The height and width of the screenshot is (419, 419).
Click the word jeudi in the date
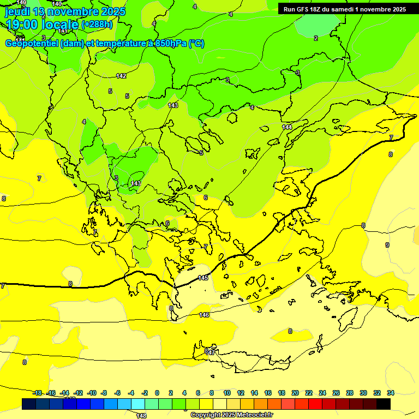(17, 11)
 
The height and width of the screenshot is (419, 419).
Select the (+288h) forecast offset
(97, 25)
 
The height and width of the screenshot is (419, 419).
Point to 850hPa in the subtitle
(169, 44)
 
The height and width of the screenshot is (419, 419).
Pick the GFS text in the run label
(303, 9)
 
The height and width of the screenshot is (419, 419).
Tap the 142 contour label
(121, 76)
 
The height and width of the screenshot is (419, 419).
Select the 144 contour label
(287, 127)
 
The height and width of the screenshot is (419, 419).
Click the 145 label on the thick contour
(203, 278)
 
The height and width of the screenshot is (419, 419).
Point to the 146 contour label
(204, 315)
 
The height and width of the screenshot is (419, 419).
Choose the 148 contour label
(141, 416)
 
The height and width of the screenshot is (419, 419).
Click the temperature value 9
(387, 245)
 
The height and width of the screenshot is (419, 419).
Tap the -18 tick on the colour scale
(37, 393)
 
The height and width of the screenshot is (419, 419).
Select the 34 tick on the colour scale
(391, 393)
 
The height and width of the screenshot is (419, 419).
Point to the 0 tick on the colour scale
(157, 393)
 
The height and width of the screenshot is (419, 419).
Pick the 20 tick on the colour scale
(295, 393)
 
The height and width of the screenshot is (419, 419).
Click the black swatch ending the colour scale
(384, 404)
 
